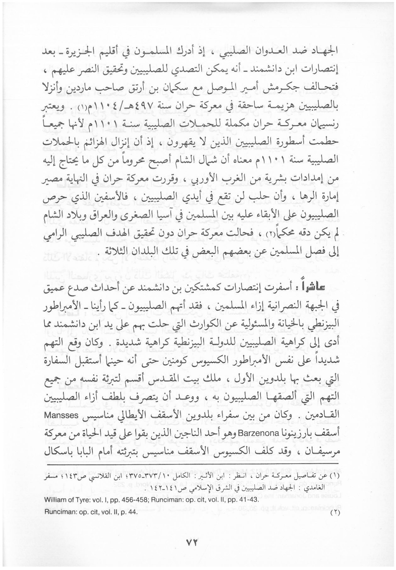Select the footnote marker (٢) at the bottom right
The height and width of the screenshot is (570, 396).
[334, 514]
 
